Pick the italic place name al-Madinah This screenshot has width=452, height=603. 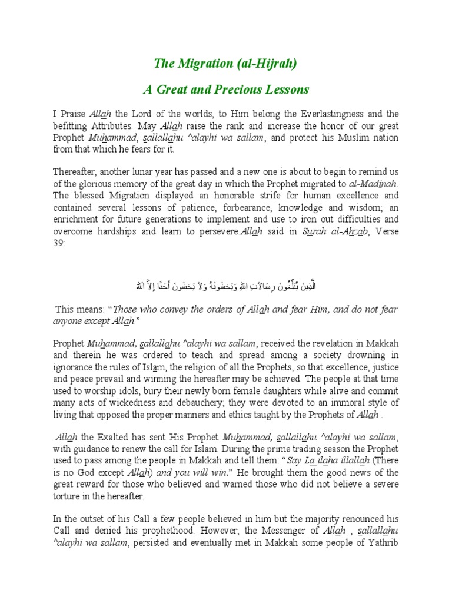pos(374,183)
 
